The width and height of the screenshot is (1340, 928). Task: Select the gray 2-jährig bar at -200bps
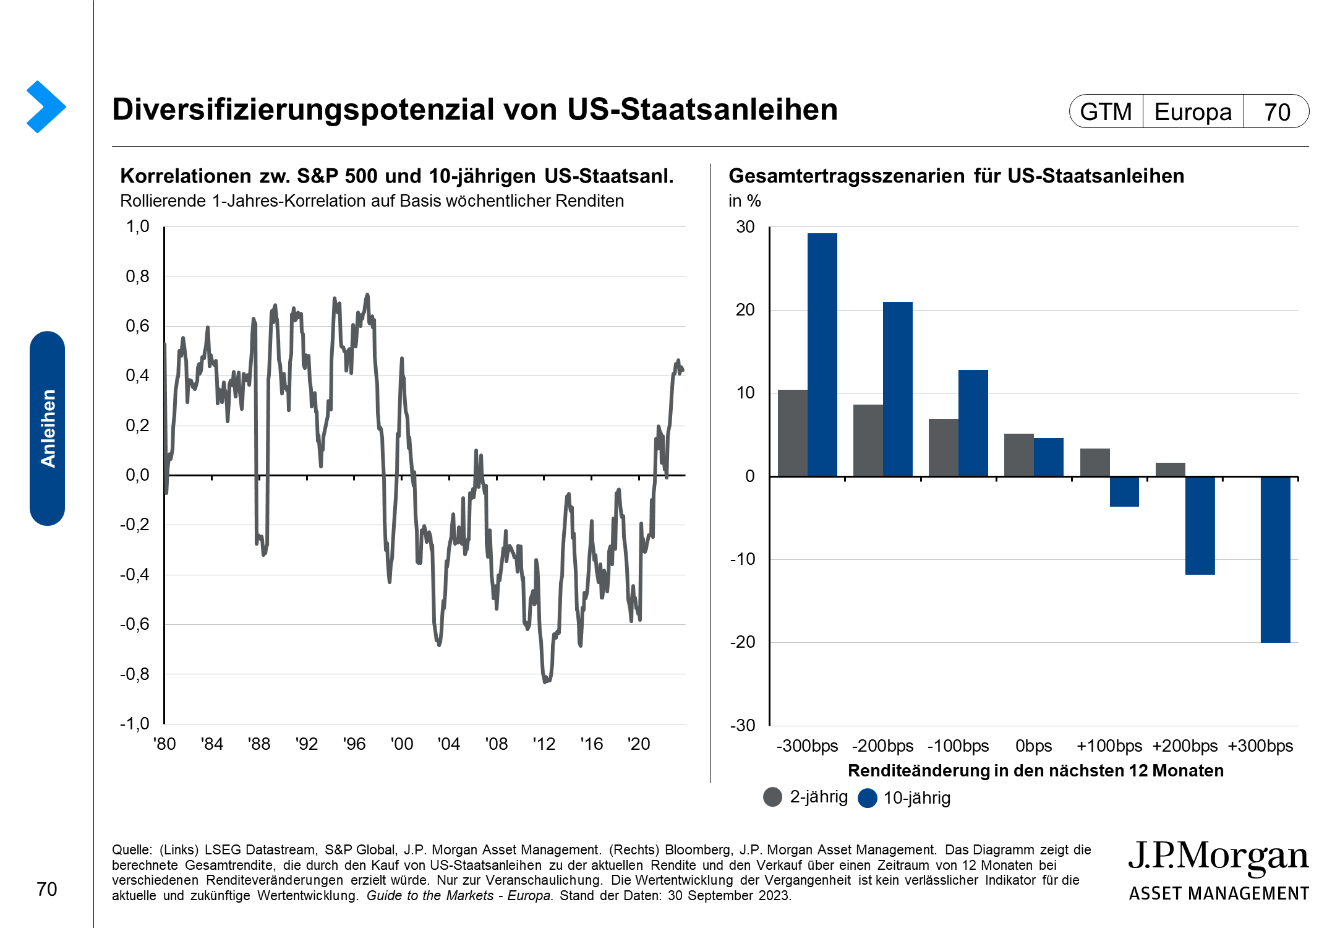868,440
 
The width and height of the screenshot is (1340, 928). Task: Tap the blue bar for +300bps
1275,559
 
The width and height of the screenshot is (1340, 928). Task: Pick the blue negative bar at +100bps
1124,491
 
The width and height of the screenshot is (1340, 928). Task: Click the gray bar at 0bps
1018,455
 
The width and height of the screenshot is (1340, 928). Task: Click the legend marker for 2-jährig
773,797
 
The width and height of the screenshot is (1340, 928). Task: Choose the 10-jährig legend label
916,798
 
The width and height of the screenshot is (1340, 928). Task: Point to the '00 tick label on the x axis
402,744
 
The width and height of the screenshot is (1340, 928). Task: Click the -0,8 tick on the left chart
135,674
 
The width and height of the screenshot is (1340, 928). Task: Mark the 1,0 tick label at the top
138,226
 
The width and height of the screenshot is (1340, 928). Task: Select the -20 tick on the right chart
743,642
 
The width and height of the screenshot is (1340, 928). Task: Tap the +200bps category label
1185,746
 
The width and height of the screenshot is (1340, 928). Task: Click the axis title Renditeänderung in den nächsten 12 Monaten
1036,771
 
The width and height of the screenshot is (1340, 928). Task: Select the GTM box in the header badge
1106,112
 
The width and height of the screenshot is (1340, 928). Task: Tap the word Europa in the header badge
1193,112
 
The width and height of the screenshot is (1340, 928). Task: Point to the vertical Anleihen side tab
48,428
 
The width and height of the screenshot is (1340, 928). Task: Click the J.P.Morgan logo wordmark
1218,857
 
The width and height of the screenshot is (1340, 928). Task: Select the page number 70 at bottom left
47,889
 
